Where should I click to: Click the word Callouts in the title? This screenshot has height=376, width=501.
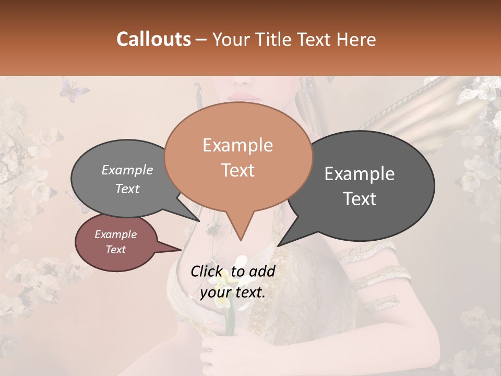(153, 39)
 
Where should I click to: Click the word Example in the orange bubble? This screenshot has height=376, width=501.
(237, 145)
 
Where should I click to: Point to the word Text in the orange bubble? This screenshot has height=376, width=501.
(237, 170)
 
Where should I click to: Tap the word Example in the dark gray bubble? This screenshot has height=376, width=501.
(360, 174)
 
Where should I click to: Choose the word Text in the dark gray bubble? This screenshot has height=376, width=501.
(360, 199)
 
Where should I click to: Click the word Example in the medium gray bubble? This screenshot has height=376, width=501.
(127, 170)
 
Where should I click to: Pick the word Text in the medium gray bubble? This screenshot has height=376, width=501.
(127, 189)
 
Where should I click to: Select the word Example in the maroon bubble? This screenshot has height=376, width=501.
(115, 234)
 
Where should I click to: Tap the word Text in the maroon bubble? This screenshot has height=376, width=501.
(115, 250)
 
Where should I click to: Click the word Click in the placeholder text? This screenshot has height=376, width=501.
(207, 271)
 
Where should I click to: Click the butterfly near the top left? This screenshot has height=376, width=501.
(74, 89)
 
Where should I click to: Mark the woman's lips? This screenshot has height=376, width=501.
(241, 97)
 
